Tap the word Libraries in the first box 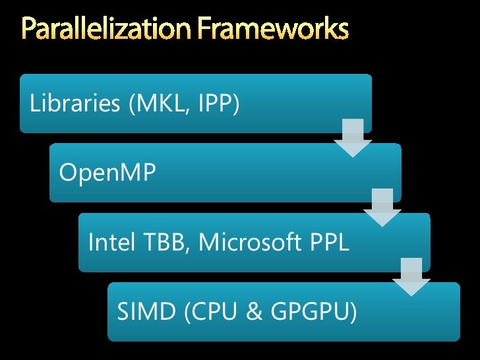point(73,104)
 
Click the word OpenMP point(107,173)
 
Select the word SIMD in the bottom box point(144,312)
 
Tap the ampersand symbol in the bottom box point(252,312)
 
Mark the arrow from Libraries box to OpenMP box point(353,138)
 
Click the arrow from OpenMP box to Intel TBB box point(382,207)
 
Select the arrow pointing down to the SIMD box point(411,277)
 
